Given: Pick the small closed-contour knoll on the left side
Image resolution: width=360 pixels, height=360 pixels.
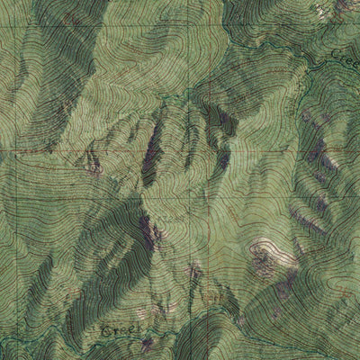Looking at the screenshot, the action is coord(94,165).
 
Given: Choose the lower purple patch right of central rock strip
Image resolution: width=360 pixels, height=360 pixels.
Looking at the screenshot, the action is coord(220,159).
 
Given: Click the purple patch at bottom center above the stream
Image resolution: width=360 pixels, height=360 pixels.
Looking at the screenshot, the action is coord(193,270).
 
